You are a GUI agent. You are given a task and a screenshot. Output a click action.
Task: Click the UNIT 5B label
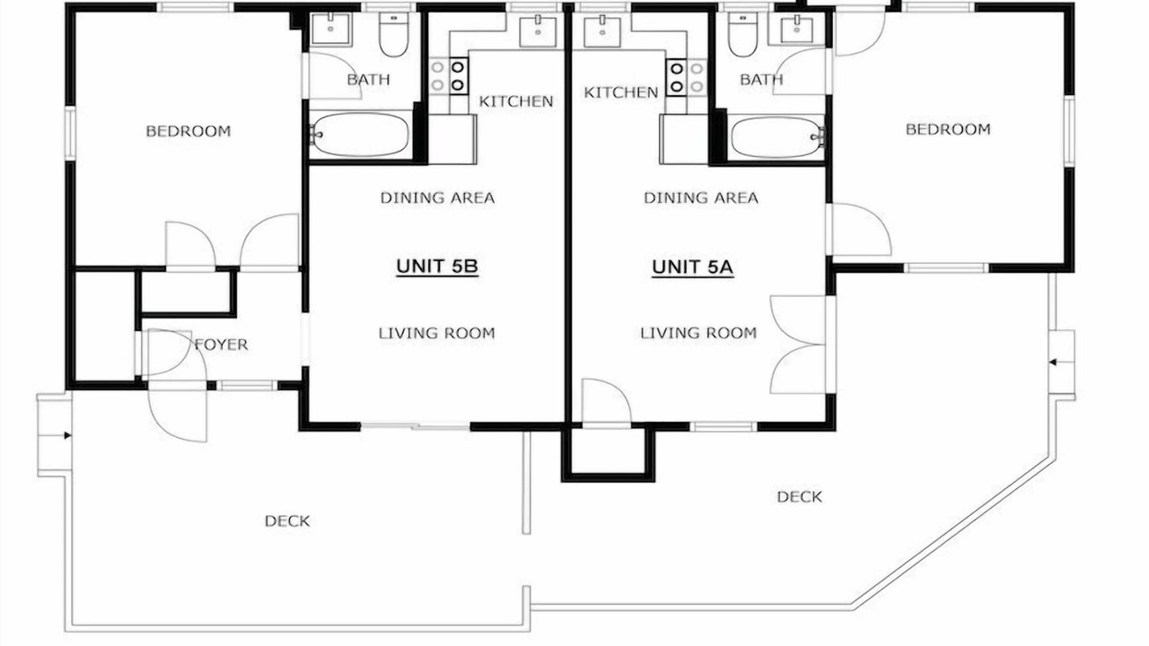[437, 266]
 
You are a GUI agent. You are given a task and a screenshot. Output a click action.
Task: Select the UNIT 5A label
[692, 266]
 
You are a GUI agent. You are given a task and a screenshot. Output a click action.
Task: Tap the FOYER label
[221, 345]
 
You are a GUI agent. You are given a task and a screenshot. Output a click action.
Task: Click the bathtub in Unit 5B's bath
[361, 135]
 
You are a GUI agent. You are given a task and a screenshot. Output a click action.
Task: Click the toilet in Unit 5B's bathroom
[394, 34]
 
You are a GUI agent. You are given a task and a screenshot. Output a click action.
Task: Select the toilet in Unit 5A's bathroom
[742, 34]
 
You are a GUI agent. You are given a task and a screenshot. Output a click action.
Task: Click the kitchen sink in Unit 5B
[538, 31]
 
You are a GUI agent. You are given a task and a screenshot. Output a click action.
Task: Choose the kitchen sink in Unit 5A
[602, 31]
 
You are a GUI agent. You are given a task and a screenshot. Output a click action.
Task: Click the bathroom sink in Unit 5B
[331, 29]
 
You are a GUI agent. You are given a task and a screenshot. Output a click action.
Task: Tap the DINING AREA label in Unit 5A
[701, 198]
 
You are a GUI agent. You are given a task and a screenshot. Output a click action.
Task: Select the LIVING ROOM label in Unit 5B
[437, 333]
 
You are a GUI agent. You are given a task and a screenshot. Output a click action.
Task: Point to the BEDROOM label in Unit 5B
[189, 131]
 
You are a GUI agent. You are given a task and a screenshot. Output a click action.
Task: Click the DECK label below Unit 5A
[800, 497]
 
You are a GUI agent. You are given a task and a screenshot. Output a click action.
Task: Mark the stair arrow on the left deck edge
[67, 436]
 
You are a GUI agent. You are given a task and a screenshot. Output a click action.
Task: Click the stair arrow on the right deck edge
[1053, 362]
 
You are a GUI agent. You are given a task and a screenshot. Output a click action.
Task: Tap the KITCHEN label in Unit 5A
[620, 92]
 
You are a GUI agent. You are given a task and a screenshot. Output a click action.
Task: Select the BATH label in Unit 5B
[368, 80]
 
